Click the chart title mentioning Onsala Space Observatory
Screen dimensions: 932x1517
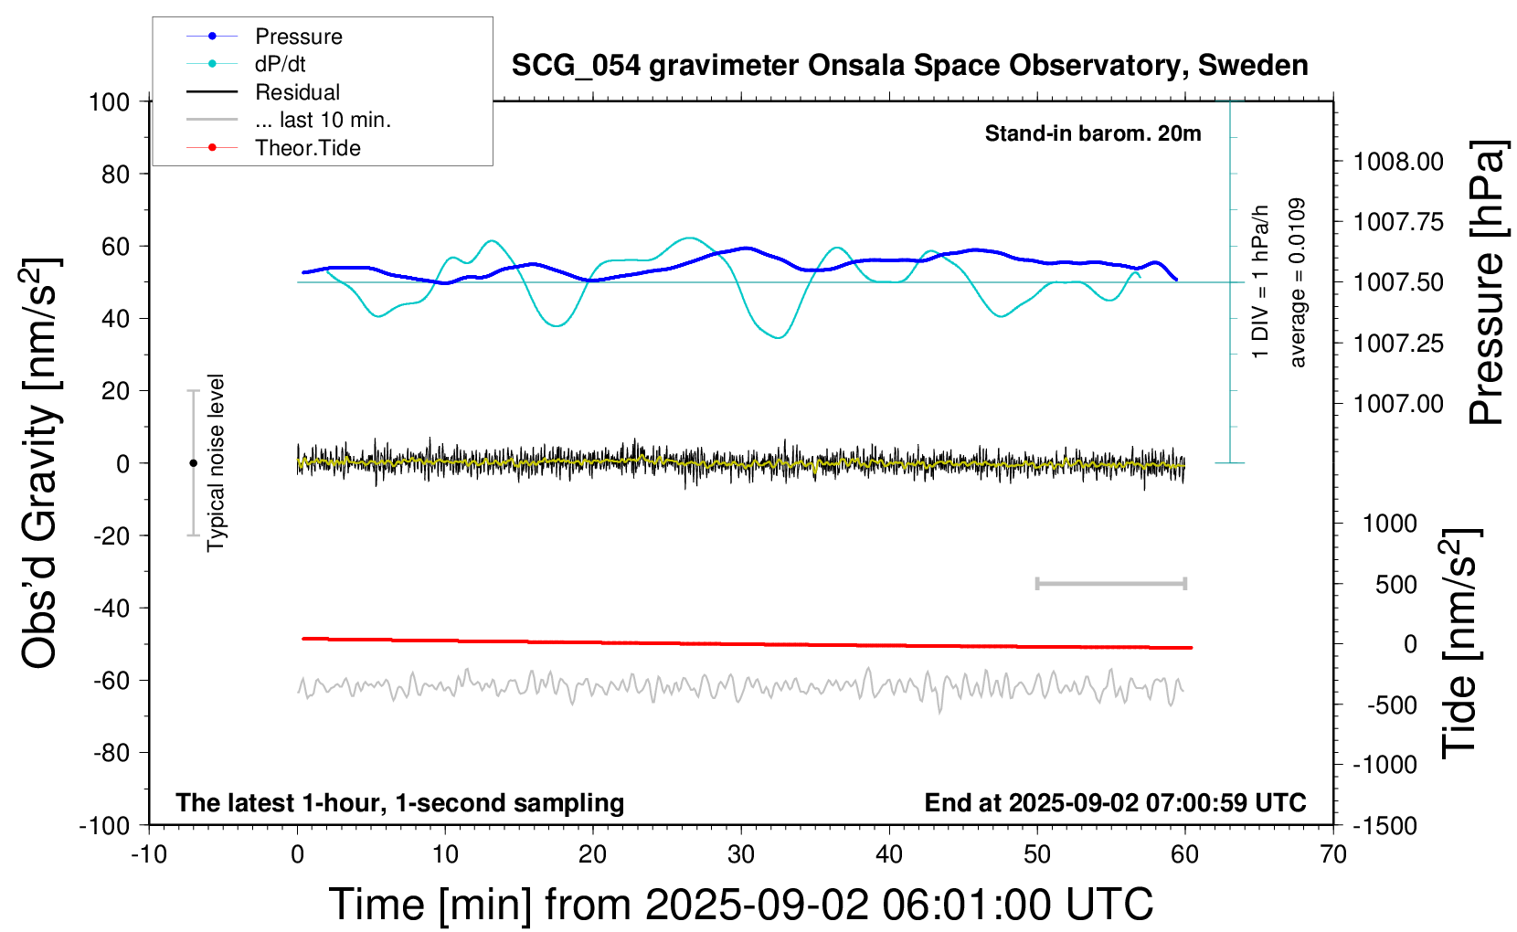(909, 66)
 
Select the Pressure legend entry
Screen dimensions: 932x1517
(298, 37)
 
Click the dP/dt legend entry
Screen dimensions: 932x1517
(280, 64)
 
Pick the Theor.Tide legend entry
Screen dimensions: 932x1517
(307, 148)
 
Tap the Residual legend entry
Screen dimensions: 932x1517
(297, 92)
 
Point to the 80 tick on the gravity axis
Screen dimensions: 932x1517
(115, 174)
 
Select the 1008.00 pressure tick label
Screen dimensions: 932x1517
(1398, 162)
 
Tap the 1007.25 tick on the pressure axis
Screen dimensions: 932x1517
(1398, 344)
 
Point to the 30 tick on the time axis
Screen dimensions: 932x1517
(741, 854)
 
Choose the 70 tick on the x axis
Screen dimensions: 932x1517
(1333, 854)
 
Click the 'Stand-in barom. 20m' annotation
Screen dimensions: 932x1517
(1093, 133)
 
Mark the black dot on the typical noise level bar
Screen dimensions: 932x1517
(193, 463)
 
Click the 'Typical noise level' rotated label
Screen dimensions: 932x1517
(216, 462)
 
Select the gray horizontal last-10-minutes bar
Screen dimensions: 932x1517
(1110, 583)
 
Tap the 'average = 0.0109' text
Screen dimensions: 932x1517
(1298, 282)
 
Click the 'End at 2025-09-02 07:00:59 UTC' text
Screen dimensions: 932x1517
(1115, 802)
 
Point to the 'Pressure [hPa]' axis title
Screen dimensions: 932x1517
(1486, 282)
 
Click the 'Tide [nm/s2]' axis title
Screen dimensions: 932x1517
(1459, 643)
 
